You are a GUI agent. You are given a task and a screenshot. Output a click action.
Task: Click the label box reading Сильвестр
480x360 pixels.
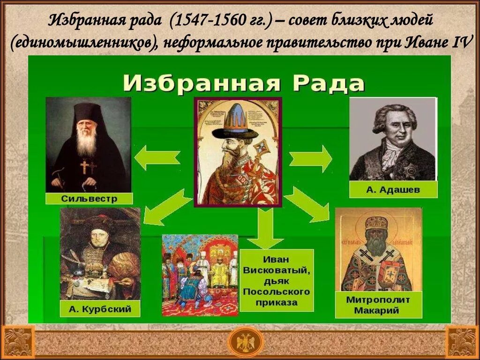point(89,198)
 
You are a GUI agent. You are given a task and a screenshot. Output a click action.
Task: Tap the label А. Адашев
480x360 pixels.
point(393,190)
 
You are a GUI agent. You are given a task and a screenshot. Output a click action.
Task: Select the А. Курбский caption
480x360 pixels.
point(100,309)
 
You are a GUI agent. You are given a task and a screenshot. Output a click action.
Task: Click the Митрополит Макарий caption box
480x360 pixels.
point(378,305)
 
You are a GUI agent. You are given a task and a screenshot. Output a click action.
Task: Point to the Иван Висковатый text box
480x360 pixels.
point(277,280)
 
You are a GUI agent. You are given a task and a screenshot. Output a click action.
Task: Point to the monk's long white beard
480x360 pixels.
point(87,141)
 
